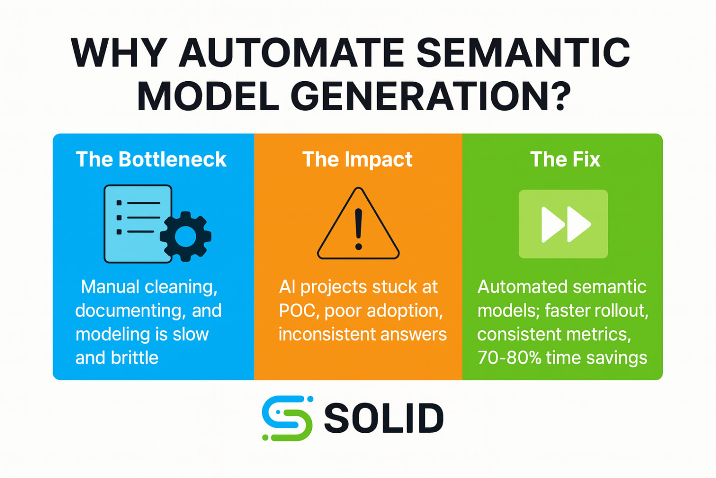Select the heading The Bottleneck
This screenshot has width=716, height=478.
coord(151,159)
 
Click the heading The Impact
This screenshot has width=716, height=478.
coord(358,159)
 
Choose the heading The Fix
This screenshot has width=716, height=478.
coord(565,159)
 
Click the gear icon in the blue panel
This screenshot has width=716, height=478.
coord(185,236)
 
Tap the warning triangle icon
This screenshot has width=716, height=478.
coord(358,226)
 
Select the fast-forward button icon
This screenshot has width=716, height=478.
coord(564,224)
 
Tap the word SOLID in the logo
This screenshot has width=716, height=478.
coord(384,418)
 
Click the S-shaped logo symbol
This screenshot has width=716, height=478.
coord(287,418)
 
